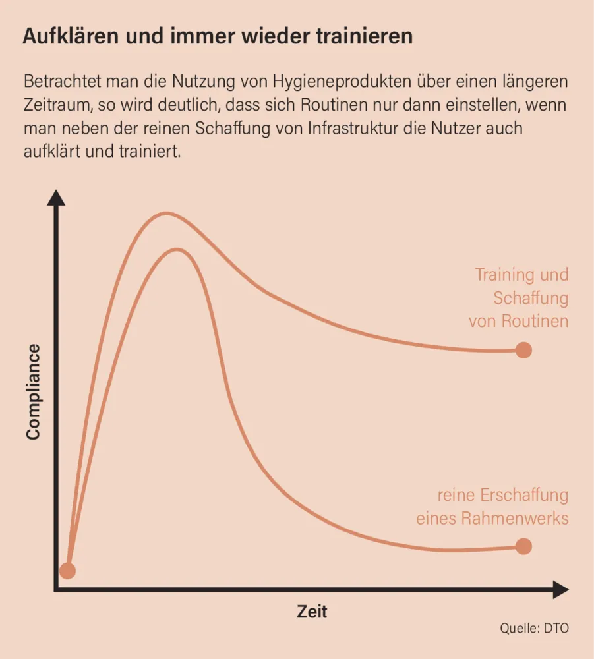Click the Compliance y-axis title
(33, 391)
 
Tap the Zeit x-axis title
(312, 612)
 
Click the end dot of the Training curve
(523, 350)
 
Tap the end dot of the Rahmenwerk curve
(523, 546)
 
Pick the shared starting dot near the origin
(67, 571)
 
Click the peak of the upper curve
(166, 214)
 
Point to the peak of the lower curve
(177, 249)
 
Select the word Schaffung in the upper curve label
(531, 298)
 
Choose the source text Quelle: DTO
(533, 628)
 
